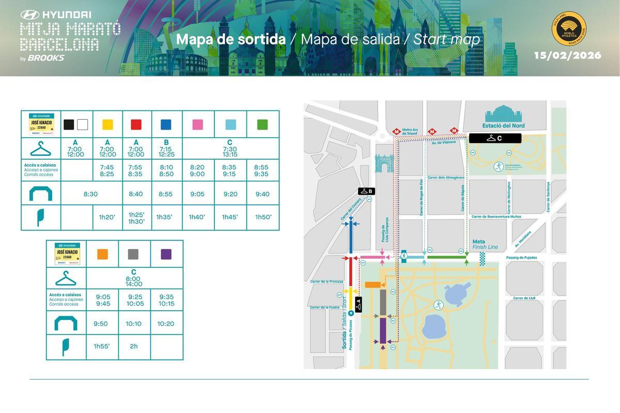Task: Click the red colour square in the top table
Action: coord(136,124)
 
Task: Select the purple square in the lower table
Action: coord(166,254)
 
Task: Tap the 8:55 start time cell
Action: coord(166,194)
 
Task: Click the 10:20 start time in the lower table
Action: coord(166,324)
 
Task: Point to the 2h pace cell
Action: coord(134,346)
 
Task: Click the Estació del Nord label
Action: coord(503,125)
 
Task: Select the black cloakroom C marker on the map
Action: coord(495,138)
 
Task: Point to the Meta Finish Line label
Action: coord(485,244)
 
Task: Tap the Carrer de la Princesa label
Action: coord(327,282)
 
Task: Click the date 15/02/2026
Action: coord(567,55)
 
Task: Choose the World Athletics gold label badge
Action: coord(568,29)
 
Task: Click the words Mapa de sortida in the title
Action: coord(230,40)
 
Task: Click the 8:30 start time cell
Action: coord(91,194)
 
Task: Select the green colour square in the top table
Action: coord(262,124)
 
